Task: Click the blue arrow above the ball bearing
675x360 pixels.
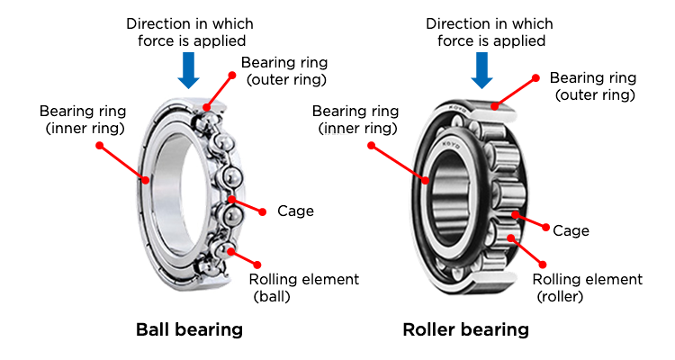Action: click(188, 69)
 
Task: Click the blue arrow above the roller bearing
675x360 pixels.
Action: click(481, 69)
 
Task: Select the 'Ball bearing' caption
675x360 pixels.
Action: click(189, 329)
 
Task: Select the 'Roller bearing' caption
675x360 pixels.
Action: click(465, 330)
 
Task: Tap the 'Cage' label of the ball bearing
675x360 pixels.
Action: click(295, 211)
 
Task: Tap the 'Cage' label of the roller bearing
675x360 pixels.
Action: click(571, 231)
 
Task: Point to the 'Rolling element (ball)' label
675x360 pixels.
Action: click(304, 287)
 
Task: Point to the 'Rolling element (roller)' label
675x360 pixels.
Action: click(588, 287)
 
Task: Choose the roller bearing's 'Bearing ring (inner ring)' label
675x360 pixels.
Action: click(355, 120)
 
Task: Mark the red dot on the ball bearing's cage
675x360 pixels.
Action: click(232, 198)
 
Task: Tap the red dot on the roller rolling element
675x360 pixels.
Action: click(513, 239)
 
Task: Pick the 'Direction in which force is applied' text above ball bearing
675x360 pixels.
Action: click(189, 31)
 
